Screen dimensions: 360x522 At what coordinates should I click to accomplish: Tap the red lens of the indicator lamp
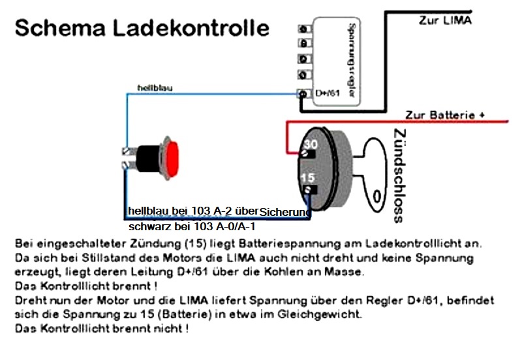click(x=174, y=159)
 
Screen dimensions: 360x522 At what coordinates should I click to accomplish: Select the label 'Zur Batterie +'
click(x=445, y=115)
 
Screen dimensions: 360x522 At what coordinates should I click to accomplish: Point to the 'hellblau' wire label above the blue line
click(x=155, y=87)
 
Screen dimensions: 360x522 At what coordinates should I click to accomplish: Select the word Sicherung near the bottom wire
click(x=284, y=212)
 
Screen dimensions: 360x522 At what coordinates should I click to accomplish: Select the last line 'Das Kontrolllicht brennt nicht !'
click(x=102, y=328)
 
